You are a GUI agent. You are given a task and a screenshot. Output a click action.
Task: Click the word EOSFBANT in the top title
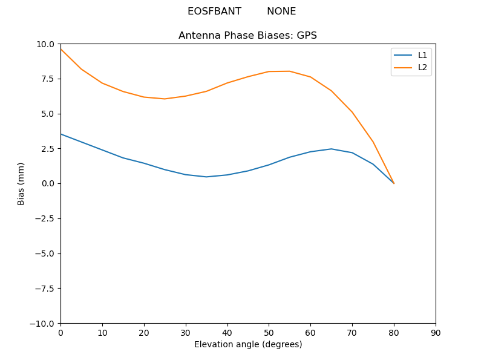214,11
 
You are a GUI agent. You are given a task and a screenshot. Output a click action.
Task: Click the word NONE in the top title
281,11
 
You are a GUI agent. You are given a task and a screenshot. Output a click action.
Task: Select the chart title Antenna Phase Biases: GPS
247,36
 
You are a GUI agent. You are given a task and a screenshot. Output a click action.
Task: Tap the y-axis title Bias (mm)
21,183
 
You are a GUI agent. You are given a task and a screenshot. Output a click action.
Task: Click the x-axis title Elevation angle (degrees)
248,344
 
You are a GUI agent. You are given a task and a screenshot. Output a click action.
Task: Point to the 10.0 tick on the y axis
46,44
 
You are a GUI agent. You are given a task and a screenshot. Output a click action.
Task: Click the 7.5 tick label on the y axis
48,79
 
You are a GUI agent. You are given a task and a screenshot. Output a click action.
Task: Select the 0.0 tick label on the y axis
48,183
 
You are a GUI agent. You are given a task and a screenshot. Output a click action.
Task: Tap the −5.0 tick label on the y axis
45,253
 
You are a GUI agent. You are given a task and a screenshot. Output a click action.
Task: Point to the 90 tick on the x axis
436,333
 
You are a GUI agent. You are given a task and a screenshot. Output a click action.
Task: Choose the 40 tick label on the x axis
227,333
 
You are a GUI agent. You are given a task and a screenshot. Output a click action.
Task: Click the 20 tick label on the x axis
144,333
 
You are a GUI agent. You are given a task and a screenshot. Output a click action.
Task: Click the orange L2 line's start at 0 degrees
61,49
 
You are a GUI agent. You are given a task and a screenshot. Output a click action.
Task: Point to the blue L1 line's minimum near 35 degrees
206,177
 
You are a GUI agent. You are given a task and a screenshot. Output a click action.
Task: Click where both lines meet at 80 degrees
394,183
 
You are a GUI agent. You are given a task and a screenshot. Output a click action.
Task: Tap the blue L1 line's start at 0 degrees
61,134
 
